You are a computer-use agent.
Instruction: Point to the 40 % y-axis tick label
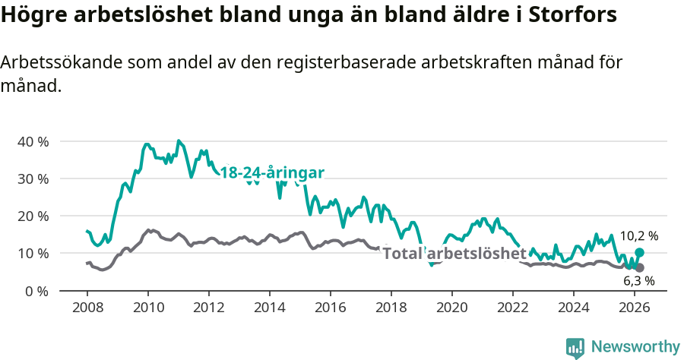pos(33,141)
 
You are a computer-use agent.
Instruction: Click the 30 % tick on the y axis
pos(33,178)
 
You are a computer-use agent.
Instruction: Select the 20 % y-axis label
pos(33,216)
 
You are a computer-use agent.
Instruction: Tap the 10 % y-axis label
pos(33,253)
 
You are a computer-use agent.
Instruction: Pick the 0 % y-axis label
pos(36,290)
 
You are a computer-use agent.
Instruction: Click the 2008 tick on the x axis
pos(87,307)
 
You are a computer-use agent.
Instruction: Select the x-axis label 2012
pos(209,307)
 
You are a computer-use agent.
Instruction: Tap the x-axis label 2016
pos(331,307)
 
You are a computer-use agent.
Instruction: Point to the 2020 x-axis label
pos(452,307)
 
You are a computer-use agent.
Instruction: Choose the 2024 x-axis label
pos(574,307)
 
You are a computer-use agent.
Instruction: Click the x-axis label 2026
pos(635,307)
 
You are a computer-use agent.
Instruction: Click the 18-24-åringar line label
pos(272,173)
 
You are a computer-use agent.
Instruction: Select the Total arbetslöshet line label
pos(454,253)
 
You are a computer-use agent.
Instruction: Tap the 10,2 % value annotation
pos(638,235)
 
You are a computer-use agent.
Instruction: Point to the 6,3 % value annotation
pos(638,280)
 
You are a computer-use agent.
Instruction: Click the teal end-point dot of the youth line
pos(639,252)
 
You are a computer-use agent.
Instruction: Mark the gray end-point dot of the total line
pos(639,267)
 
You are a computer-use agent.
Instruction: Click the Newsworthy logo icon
pos(575,347)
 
